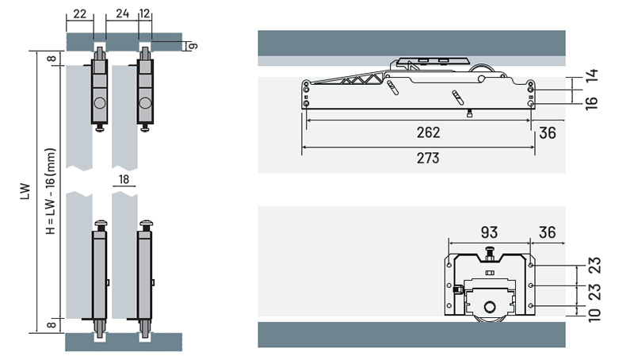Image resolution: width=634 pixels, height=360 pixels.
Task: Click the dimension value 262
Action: tap(428, 132)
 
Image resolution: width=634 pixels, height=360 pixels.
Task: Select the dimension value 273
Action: tap(428, 158)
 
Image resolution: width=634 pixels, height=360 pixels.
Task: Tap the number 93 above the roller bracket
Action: tap(489, 232)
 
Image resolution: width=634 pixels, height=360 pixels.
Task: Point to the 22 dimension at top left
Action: tap(80, 14)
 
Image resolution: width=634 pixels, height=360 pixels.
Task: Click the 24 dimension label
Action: tap(122, 13)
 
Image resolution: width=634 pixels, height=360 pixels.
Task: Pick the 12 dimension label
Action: tap(145, 13)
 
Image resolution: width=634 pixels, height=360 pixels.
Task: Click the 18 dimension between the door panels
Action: tap(124, 179)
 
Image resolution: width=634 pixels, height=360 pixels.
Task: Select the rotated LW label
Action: tap(25, 191)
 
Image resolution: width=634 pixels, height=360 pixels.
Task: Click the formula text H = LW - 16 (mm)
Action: tap(51, 191)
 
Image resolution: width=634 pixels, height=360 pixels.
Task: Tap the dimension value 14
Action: tap(590, 75)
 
